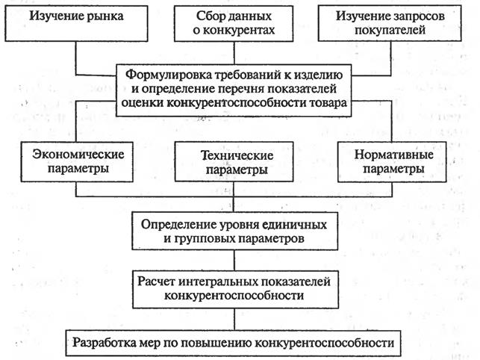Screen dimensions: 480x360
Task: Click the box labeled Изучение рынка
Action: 76,23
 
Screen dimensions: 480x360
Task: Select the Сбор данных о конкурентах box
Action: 234,23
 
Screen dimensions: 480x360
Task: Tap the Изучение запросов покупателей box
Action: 390,23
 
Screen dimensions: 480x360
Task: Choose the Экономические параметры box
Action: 77,162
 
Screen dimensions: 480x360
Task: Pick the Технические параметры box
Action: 234,162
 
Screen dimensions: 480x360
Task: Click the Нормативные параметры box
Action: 392,162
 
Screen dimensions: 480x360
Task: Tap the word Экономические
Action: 78,155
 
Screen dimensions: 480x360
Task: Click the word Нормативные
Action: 393,155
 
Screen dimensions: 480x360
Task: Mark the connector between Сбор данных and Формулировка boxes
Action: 234,53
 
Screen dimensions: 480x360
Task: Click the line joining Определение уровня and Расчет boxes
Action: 234,260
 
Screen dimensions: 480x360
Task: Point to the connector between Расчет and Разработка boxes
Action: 234,319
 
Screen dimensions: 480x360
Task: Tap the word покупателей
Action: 390,31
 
